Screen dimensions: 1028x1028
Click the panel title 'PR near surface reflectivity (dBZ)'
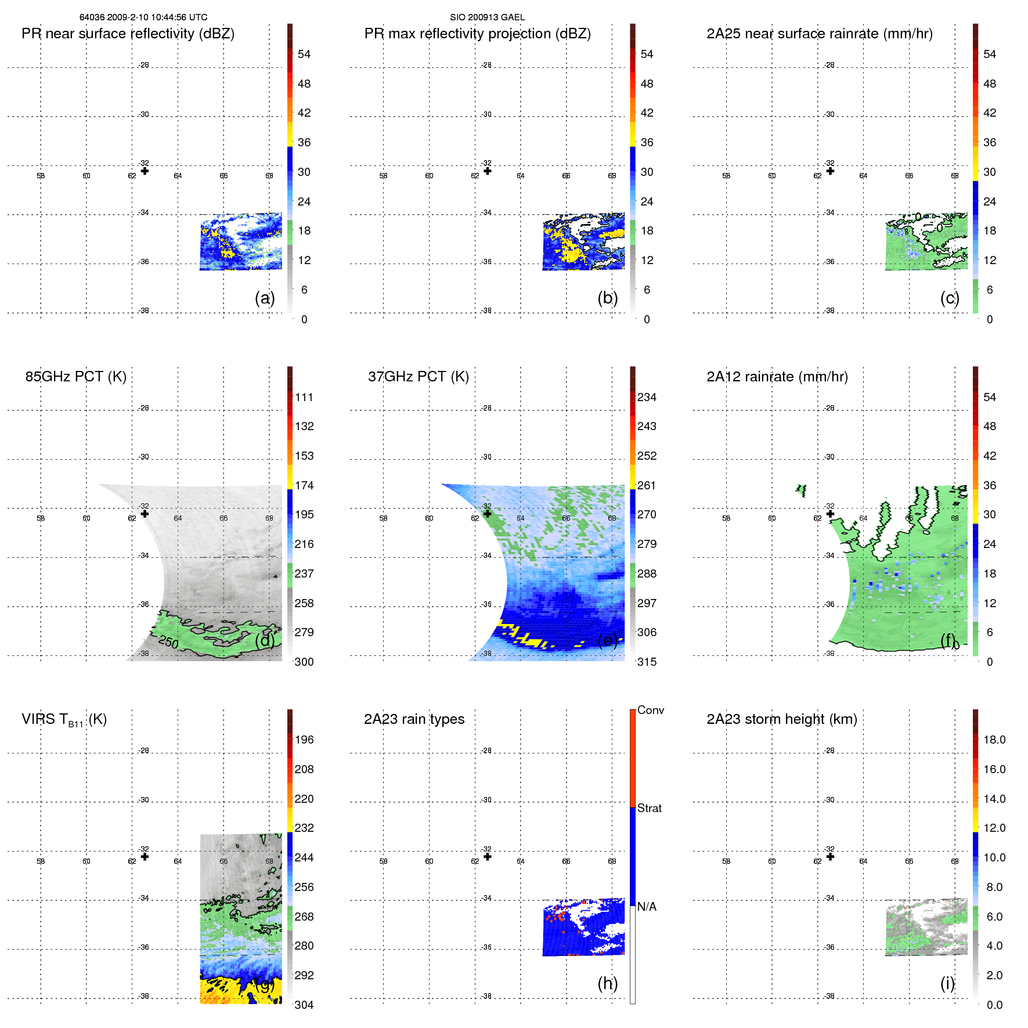coord(128,34)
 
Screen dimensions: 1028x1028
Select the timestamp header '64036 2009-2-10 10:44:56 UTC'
coord(143,17)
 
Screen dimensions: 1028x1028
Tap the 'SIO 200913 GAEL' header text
coord(487,17)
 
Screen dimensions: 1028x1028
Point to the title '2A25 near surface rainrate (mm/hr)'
coord(819,34)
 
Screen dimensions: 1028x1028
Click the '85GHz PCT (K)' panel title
coord(75,377)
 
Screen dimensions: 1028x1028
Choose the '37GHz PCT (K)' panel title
coord(418,377)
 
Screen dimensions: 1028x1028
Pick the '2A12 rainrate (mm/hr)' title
coord(777,377)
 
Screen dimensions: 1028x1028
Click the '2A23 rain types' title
coord(414,719)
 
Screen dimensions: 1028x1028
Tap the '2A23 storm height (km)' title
coord(781,719)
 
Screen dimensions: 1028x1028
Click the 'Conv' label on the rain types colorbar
coord(650,710)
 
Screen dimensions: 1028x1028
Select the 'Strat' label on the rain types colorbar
coord(649,808)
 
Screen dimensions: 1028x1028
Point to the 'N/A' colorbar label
coord(647,907)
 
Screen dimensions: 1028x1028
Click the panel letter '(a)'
coord(264,298)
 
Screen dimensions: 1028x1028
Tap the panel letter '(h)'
coord(607,983)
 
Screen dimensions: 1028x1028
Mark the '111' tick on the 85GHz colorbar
coord(304,397)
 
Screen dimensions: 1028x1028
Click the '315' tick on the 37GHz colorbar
coord(647,662)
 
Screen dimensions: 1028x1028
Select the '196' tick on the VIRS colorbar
coord(304,740)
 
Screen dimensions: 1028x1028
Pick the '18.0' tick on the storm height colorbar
coord(994,740)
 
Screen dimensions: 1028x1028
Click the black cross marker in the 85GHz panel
coord(145,514)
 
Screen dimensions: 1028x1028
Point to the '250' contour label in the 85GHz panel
coord(168,641)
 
